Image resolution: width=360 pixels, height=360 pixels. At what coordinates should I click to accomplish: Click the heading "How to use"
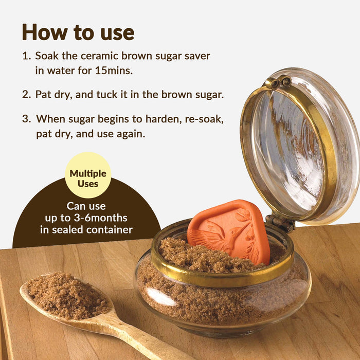coord(78,32)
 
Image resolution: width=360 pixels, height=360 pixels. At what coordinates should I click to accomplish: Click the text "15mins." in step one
coord(114,70)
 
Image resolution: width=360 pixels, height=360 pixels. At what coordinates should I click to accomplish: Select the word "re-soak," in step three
coord(205,119)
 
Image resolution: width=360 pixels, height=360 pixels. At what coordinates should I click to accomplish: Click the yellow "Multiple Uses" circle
coord(88,175)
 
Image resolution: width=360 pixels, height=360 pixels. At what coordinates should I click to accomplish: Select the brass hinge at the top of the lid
coord(278,82)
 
